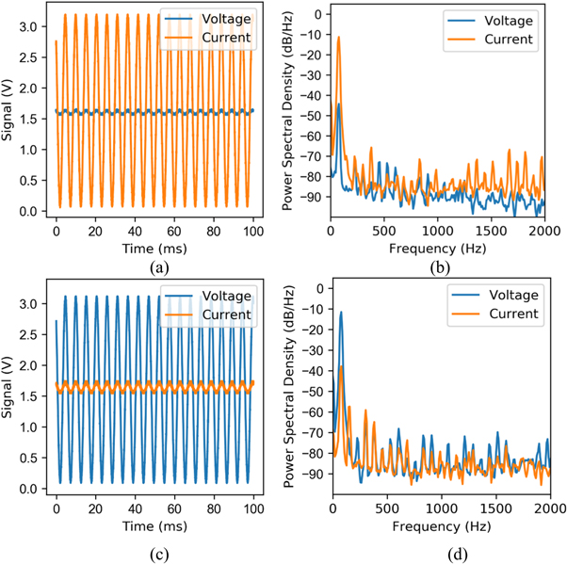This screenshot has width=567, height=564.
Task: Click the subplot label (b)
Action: point(439,266)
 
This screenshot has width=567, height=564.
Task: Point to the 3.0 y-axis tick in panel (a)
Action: point(32,28)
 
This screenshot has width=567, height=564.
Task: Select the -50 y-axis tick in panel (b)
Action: point(313,106)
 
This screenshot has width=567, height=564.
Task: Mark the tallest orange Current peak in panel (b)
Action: point(339,38)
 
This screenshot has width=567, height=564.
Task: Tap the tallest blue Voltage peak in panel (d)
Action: point(340,312)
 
